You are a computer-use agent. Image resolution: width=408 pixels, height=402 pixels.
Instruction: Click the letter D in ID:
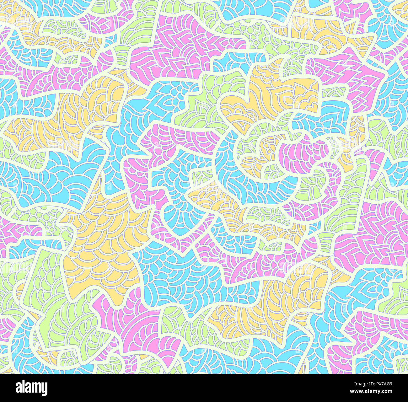pos(367,384)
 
